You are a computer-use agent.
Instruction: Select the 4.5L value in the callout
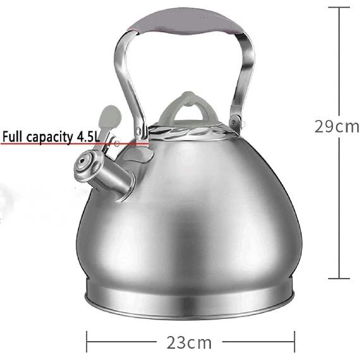click(131, 136)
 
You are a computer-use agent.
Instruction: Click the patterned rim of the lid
click(189, 133)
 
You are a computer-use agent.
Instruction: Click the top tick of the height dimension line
click(340, 7)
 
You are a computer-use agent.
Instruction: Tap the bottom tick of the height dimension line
click(340, 277)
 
